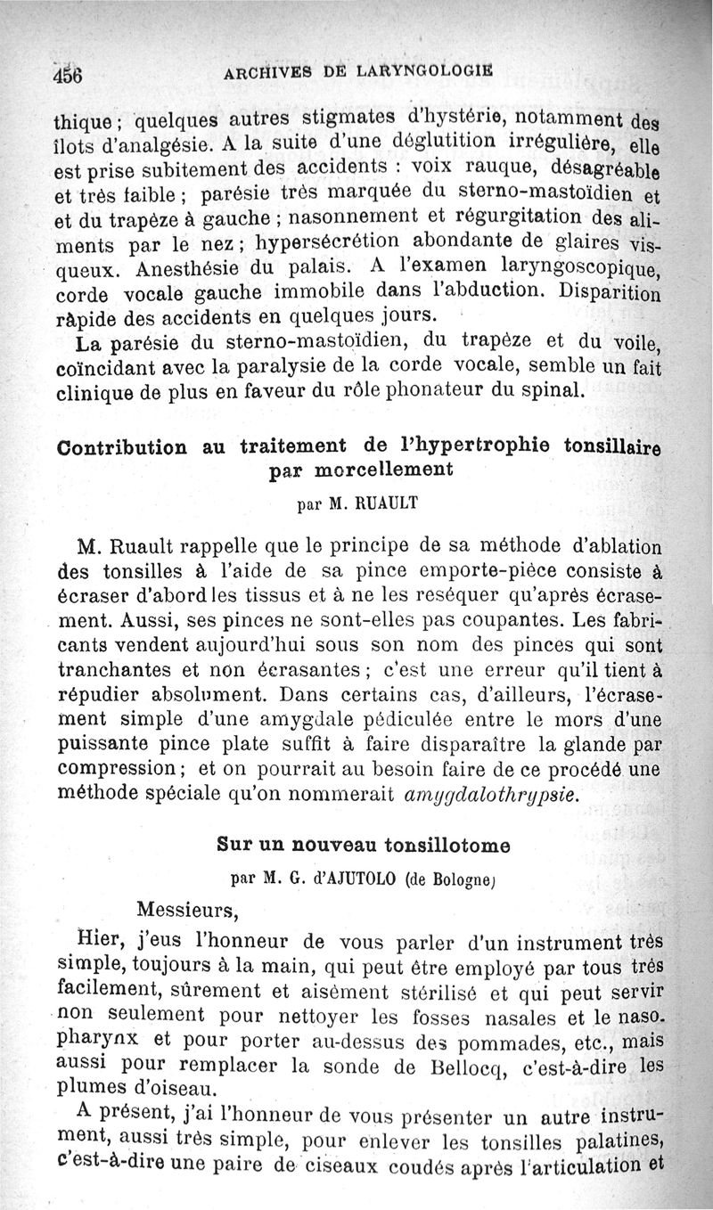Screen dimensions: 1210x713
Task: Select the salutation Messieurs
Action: [188, 910]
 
